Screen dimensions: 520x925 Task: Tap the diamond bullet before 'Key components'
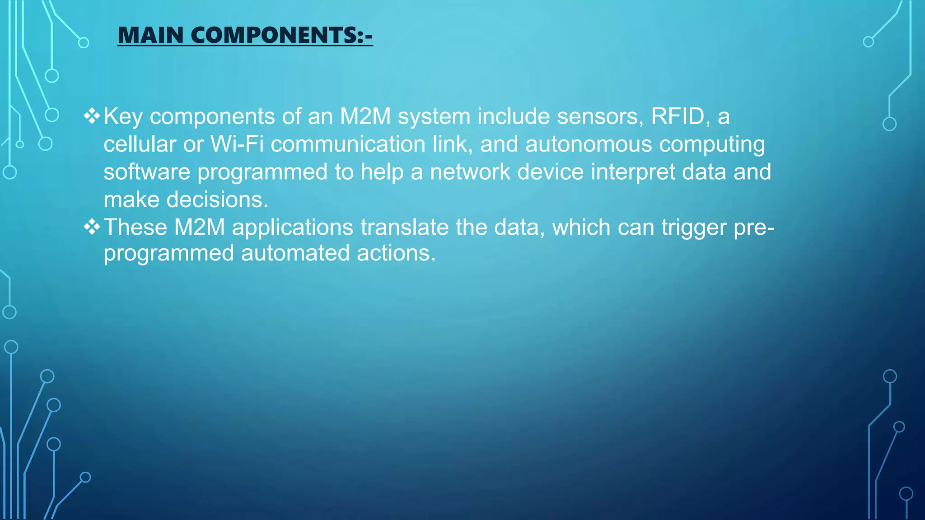92,116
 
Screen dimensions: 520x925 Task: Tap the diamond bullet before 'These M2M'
92,227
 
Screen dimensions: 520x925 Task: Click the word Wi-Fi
237,144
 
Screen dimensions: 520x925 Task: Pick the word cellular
140,144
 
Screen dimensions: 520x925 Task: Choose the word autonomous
588,144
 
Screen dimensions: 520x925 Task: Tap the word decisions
217,200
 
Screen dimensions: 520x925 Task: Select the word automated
295,253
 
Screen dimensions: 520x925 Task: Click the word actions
396,253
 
